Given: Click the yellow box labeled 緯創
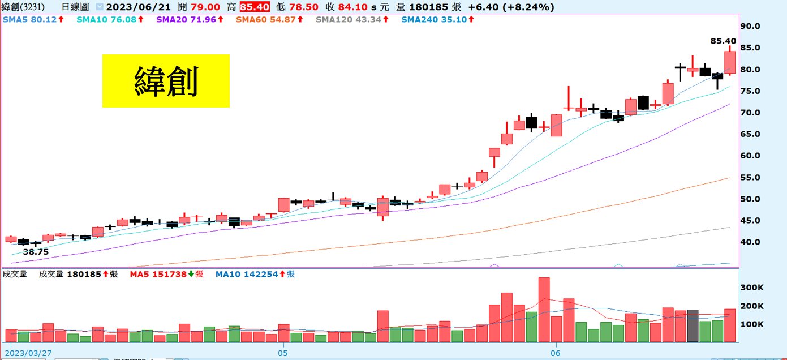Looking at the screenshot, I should click(166, 80).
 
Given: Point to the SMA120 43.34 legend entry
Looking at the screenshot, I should click(351, 19).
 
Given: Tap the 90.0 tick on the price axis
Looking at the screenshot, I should click(752, 26).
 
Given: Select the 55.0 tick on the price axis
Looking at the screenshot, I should click(752, 177).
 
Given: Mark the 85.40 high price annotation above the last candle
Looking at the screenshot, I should click(723, 41).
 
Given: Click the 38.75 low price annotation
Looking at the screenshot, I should click(36, 252).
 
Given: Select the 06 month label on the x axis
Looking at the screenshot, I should click(556, 352).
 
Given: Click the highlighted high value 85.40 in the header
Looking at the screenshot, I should click(254, 7).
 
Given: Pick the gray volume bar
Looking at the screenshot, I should click(693, 325).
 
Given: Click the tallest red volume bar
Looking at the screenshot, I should click(544, 310).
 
